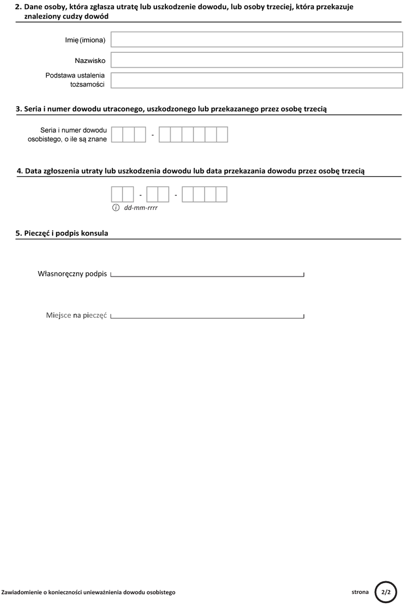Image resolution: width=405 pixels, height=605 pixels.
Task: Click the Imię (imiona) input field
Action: pyautogui.click(x=257, y=40)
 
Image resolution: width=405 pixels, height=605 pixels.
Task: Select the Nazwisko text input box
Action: pyautogui.click(x=257, y=60)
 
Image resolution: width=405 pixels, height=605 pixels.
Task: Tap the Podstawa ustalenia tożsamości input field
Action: pyautogui.click(x=257, y=80)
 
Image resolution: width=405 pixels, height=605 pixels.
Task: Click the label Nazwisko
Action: pyautogui.click(x=90, y=61)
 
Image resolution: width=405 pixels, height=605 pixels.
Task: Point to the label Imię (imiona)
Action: pyautogui.click(x=85, y=40)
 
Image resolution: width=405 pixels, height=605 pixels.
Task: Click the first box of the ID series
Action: pyautogui.click(x=117, y=134)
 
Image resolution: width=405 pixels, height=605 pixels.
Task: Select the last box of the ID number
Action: pyautogui.click(x=222, y=134)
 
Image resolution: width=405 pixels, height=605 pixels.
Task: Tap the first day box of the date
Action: pyautogui.click(x=117, y=194)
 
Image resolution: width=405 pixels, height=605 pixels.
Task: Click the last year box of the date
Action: pyautogui.click(x=222, y=194)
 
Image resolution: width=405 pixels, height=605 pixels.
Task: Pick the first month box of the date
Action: pyautogui.click(x=152, y=194)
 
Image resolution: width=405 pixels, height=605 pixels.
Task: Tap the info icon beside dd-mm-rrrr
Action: pyautogui.click(x=116, y=208)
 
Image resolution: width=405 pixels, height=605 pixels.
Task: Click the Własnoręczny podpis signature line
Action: pyautogui.click(x=207, y=275)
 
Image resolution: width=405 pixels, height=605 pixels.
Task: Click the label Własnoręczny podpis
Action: pyautogui.click(x=72, y=273)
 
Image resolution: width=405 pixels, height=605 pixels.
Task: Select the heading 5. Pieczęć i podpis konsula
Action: pyautogui.click(x=62, y=233)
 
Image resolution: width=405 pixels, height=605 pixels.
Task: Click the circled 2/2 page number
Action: pyautogui.click(x=386, y=592)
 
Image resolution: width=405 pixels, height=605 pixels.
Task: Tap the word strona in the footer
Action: pyautogui.click(x=360, y=592)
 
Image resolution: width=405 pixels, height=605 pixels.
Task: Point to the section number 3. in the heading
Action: pyautogui.click(x=19, y=109)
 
